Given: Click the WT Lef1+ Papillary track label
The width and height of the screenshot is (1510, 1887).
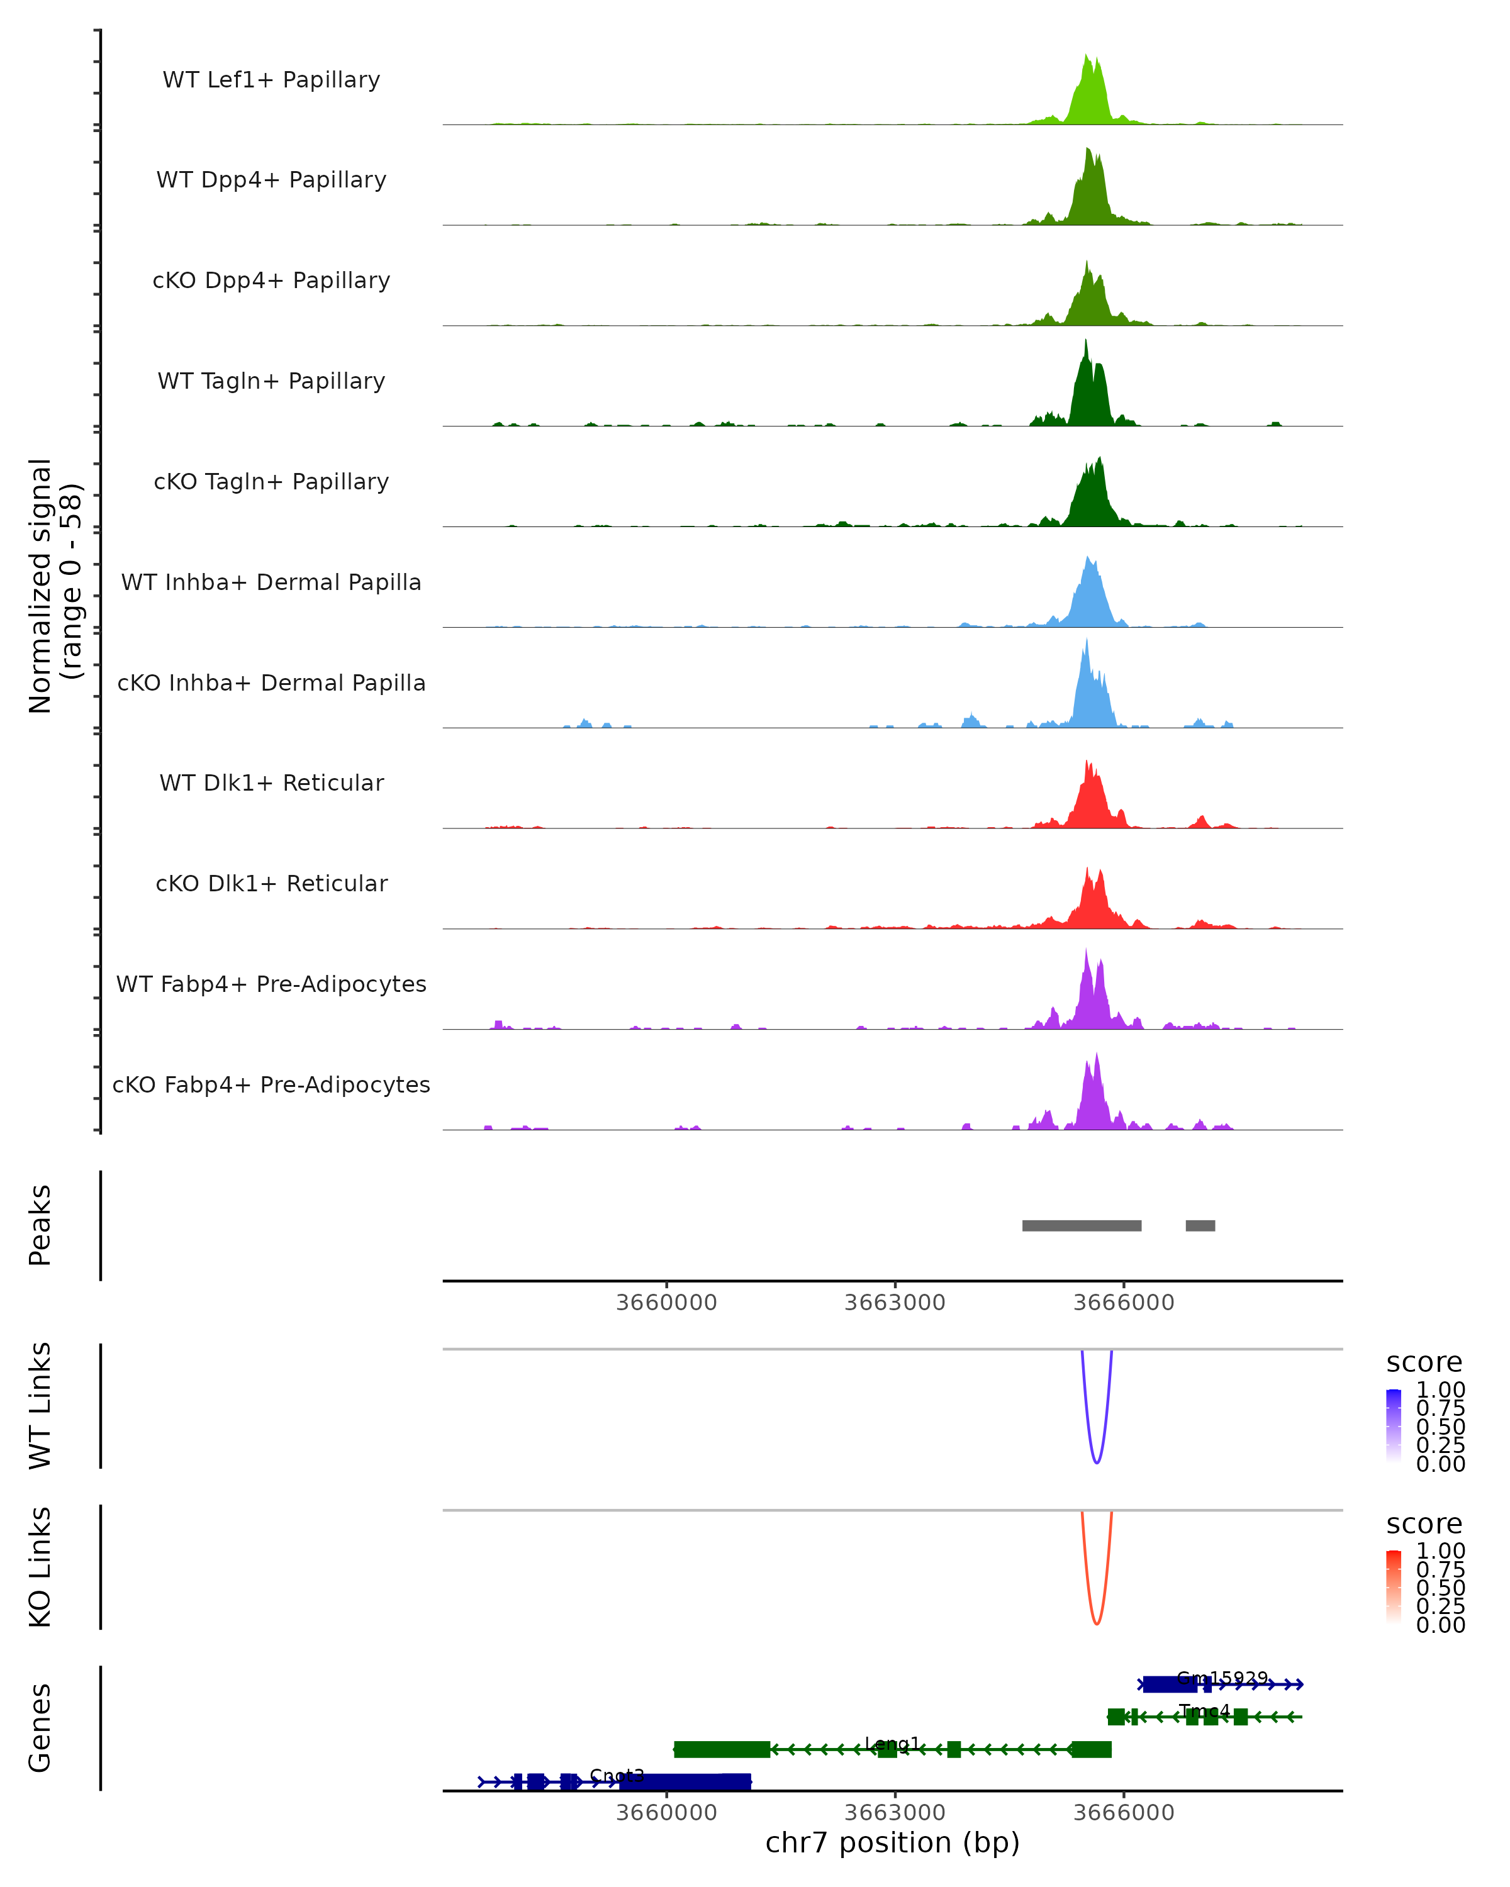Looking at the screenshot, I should click(271, 80).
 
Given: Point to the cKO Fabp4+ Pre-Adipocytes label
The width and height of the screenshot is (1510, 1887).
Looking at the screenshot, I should click(271, 1084).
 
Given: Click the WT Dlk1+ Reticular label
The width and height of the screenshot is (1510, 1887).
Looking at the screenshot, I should click(271, 782).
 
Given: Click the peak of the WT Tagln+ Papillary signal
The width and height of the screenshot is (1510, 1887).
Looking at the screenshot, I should click(1085, 342).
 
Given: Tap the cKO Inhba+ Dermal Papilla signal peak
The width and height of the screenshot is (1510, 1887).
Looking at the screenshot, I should click(1087, 641).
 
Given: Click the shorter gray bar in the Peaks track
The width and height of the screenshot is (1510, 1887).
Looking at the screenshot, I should click(1200, 1225).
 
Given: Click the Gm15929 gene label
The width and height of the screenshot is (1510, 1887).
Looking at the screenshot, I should click(1221, 1678).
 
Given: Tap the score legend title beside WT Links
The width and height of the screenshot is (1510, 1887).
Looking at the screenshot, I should click(1423, 1363).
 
